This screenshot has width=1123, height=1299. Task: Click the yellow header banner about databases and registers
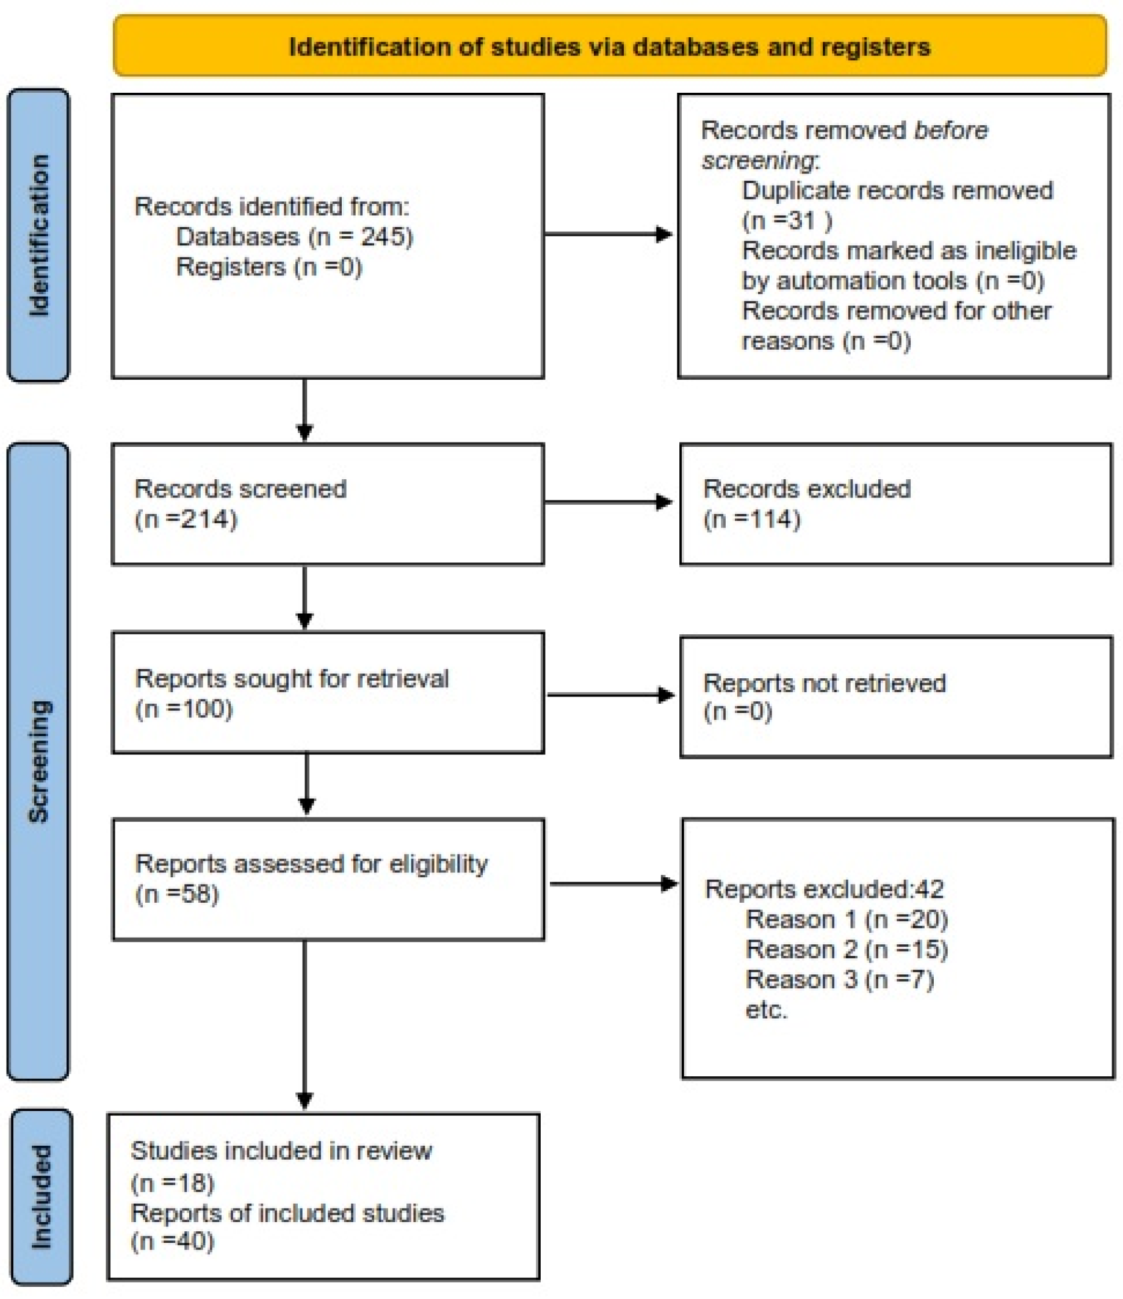click(610, 47)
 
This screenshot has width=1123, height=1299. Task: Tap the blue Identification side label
click(38, 235)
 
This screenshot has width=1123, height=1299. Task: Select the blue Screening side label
click(38, 761)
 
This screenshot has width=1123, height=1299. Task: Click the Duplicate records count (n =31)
click(787, 222)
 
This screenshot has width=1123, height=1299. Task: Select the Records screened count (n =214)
click(186, 519)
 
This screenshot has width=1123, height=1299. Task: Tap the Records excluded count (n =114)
click(751, 519)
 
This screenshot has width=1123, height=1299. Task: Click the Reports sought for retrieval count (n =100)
click(184, 709)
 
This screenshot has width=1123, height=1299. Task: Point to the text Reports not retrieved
click(824, 682)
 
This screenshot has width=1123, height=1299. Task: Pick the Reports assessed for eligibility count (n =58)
click(178, 894)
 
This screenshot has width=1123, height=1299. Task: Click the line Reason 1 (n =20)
click(846, 919)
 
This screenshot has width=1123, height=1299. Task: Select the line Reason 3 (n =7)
click(839, 979)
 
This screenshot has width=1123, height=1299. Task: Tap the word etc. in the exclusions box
click(766, 1010)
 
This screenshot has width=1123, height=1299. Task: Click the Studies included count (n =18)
click(173, 1183)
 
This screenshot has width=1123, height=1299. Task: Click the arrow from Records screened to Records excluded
click(608, 502)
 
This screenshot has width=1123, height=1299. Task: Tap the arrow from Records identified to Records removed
click(608, 234)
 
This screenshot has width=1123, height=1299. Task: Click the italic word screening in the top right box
click(758, 161)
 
